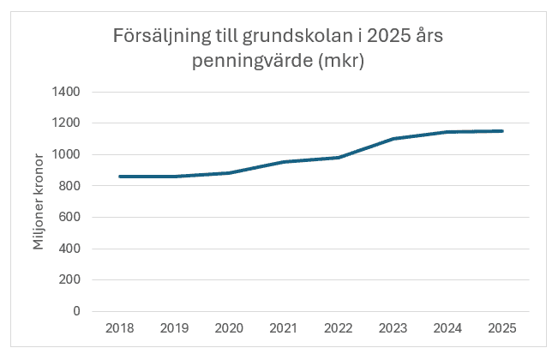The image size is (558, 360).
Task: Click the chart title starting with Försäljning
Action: pyautogui.click(x=279, y=50)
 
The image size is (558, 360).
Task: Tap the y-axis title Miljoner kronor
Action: pyautogui.click(x=39, y=201)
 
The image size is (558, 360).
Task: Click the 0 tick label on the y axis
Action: pyautogui.click(x=75, y=311)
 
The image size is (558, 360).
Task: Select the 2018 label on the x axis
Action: pyautogui.click(x=119, y=328)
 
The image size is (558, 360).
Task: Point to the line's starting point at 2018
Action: pyautogui.click(x=119, y=177)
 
